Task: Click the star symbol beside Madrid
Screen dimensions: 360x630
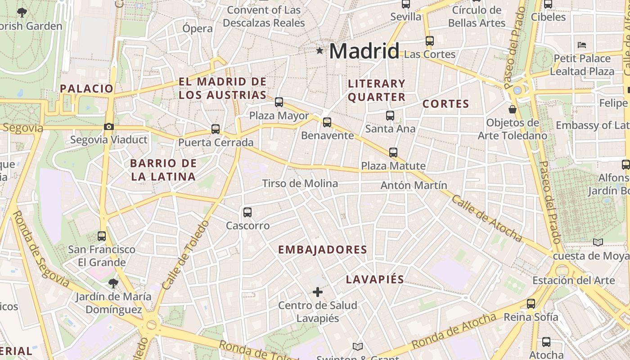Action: click(319, 50)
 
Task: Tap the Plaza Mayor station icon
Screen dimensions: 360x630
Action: click(279, 102)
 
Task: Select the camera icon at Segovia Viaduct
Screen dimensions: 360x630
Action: click(108, 126)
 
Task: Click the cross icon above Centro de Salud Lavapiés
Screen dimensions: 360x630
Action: click(318, 292)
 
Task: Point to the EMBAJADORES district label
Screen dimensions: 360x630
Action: click(323, 250)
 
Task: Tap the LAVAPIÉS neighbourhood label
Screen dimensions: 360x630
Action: click(375, 279)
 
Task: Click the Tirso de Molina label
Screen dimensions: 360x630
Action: click(300, 184)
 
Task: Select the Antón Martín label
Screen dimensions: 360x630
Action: click(414, 185)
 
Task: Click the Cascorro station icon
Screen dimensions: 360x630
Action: click(247, 212)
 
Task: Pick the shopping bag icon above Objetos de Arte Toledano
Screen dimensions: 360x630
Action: click(512, 109)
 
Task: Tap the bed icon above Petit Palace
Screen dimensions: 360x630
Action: click(582, 45)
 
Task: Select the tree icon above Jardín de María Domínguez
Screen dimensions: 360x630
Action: click(113, 283)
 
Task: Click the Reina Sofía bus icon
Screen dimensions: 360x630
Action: click(531, 304)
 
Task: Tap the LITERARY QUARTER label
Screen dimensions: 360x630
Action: click(377, 90)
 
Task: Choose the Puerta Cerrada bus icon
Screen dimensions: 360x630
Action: click(216, 129)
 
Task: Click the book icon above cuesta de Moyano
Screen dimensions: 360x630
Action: click(598, 243)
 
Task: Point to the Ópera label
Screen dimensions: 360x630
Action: click(198, 28)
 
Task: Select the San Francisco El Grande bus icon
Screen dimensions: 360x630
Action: click(102, 236)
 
